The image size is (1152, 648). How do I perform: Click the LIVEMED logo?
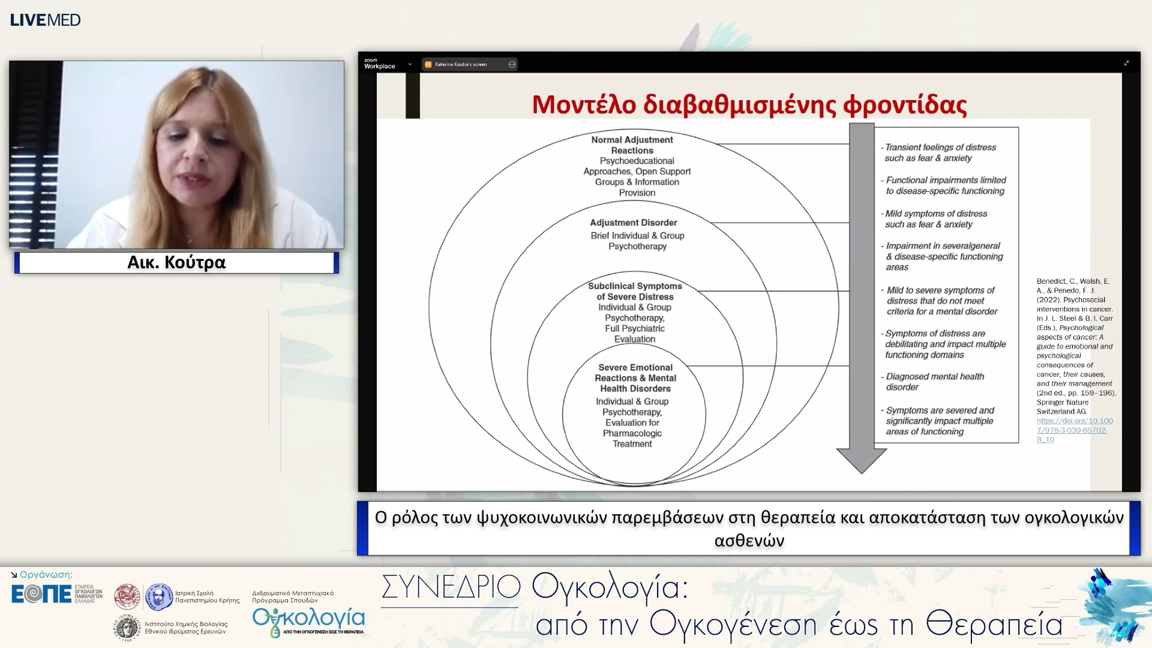pyautogui.click(x=45, y=20)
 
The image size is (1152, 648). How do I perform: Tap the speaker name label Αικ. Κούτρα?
pyautogui.click(x=176, y=262)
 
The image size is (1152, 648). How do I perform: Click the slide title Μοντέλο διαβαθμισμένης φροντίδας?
pyautogui.click(x=749, y=105)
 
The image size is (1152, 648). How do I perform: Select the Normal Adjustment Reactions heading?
pyautogui.click(x=632, y=145)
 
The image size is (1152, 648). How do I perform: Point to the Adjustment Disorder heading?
pyautogui.click(x=633, y=223)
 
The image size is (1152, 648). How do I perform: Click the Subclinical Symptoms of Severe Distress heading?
pyautogui.click(x=635, y=291)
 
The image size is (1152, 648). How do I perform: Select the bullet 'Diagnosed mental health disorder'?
pyautogui.click(x=934, y=382)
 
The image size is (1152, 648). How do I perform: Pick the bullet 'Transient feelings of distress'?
pyautogui.click(x=940, y=152)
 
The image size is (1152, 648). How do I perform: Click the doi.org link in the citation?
pyautogui.click(x=1074, y=430)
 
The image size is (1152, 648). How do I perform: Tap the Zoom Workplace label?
pyautogui.click(x=379, y=64)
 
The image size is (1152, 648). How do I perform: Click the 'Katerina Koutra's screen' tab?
pyautogui.click(x=461, y=64)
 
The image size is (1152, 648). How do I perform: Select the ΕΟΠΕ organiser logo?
pyautogui.click(x=42, y=594)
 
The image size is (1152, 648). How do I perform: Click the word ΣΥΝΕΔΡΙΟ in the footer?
pyautogui.click(x=451, y=587)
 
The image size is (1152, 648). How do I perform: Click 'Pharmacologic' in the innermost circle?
pyautogui.click(x=632, y=433)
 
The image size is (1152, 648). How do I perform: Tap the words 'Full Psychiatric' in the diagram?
pyautogui.click(x=634, y=328)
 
